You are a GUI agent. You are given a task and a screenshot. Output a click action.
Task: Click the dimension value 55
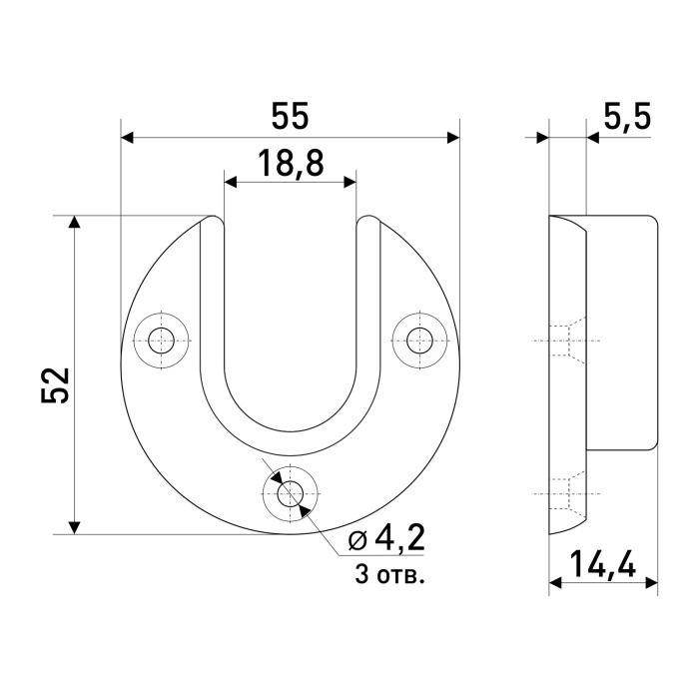290,117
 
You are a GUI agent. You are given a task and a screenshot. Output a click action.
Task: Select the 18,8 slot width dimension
291,163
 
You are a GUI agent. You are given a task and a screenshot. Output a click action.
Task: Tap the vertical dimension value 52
56,385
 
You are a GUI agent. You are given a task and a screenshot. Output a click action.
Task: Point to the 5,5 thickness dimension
627,117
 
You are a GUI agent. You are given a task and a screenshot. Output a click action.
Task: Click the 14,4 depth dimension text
603,564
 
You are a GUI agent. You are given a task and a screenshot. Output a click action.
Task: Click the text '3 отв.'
389,575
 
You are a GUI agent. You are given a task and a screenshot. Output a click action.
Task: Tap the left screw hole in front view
162,341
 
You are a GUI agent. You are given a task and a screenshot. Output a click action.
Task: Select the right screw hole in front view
419,341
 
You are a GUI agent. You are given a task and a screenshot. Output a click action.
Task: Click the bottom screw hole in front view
291,493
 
